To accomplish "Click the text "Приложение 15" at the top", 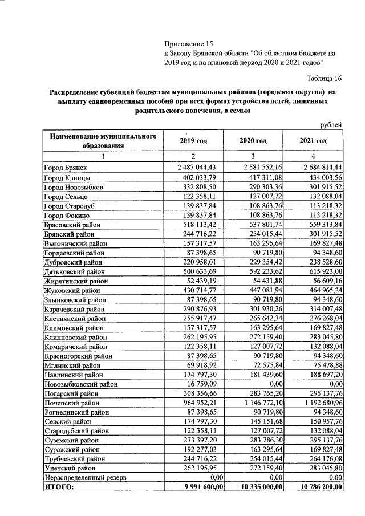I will [188, 43].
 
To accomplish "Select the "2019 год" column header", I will [193, 141].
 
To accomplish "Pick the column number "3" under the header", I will [253, 156].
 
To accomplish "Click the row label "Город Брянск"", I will [64, 167].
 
